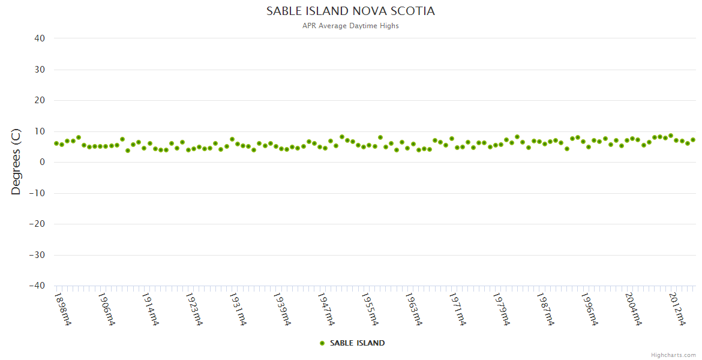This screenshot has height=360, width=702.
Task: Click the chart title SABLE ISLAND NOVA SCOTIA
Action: pos(350,11)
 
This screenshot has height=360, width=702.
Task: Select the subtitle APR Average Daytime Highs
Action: pos(350,26)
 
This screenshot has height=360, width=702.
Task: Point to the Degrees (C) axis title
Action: pos(16,162)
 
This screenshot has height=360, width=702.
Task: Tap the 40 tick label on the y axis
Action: pos(40,38)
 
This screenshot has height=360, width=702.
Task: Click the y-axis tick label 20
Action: pos(40,100)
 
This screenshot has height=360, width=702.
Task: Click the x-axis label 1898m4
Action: pos(63,310)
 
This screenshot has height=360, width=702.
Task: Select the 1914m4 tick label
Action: pos(151,310)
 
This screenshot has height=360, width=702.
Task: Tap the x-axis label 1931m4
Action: pos(238,310)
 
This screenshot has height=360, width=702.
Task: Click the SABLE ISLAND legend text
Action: pos(357,343)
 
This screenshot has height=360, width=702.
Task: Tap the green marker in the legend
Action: pos(322,343)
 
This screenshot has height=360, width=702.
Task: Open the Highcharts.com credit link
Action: pos(673,355)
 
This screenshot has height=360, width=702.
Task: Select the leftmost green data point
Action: pos(56,143)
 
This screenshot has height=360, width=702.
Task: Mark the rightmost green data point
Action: pos(693,140)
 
